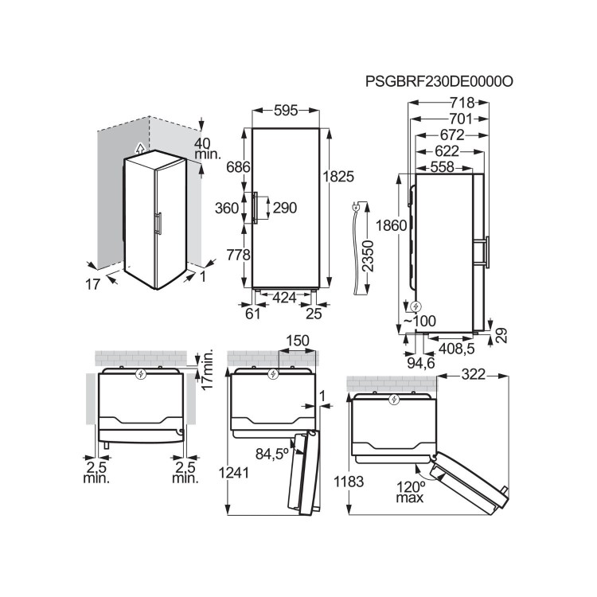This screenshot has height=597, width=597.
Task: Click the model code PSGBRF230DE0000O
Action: (439, 81)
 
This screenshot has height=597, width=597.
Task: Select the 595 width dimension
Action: (286, 111)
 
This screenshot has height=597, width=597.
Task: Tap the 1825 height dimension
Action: (338, 178)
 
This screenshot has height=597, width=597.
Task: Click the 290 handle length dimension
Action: (284, 209)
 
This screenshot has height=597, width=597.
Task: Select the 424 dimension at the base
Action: (285, 298)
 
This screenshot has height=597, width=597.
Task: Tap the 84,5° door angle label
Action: (271, 454)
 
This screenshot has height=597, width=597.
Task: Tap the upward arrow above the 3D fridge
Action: (140, 147)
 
